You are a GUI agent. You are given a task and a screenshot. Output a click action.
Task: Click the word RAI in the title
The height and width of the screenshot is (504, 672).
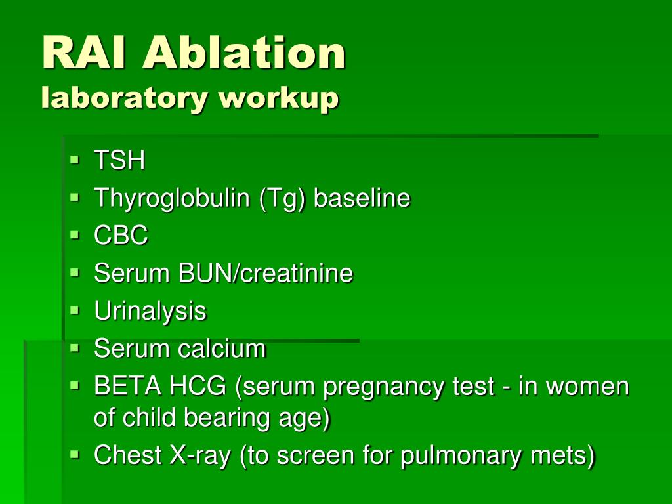(85, 52)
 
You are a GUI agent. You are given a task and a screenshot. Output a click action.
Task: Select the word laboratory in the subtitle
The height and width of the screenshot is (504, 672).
(124, 99)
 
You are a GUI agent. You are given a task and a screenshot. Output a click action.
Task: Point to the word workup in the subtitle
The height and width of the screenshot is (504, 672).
(278, 99)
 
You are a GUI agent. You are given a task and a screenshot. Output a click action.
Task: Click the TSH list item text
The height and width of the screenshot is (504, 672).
(119, 160)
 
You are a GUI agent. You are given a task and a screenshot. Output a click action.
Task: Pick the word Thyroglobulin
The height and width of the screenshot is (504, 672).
(172, 198)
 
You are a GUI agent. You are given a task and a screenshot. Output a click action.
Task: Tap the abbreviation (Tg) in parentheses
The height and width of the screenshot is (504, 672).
(282, 198)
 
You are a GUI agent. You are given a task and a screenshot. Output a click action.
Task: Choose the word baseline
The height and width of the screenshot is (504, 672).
(362, 198)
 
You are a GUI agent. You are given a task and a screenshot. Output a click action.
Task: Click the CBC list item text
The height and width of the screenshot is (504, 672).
(121, 236)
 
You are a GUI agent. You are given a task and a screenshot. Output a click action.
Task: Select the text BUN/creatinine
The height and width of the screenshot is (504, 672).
(265, 273)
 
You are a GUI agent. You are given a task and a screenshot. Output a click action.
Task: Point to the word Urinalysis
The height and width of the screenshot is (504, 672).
(150, 312)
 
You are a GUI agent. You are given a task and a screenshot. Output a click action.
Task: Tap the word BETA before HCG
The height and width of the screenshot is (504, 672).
(128, 386)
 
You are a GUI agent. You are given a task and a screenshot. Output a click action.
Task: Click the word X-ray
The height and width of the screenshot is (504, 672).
(200, 455)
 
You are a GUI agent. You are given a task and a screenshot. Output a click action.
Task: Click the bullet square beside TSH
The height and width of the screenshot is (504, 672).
(75, 160)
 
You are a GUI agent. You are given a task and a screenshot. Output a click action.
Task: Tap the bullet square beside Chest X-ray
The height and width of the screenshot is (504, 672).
(75, 454)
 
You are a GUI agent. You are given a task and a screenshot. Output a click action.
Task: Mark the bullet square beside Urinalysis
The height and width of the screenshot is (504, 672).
(75, 310)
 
